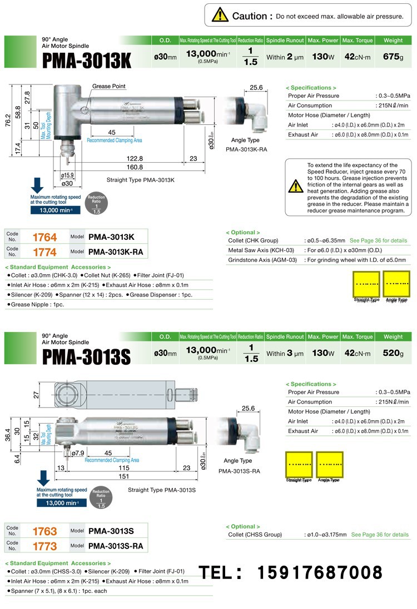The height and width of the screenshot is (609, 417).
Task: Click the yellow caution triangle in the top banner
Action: point(220,15)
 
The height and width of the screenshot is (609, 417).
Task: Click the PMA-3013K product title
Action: point(87,60)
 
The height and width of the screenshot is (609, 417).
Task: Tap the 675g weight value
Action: point(393,57)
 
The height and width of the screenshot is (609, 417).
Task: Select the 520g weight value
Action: point(393,353)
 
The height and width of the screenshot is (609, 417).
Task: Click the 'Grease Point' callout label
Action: point(109,87)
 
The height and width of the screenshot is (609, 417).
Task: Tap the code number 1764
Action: point(44,237)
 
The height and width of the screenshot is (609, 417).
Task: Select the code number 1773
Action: point(44,546)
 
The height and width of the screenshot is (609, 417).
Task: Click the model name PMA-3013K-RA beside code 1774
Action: point(116,251)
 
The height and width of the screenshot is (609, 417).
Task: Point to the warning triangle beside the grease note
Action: point(296,186)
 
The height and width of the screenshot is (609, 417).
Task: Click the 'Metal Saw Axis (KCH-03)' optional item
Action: point(261,250)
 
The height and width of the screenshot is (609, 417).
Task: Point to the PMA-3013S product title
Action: point(86,356)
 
